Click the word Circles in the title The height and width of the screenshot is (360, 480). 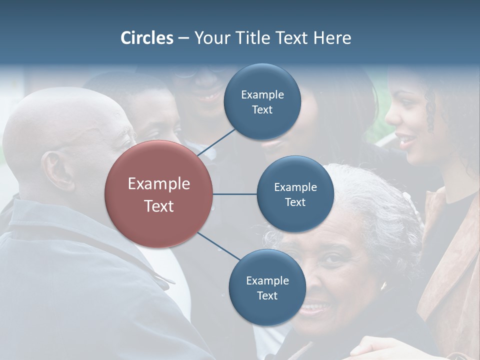coord(147,38)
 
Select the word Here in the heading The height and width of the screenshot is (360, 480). coord(332,38)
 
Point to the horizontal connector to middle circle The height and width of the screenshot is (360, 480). coord(235,194)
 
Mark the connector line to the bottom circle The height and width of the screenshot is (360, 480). coord(218,246)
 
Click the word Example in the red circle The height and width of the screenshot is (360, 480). coord(159,184)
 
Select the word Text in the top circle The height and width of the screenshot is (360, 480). coord(262,110)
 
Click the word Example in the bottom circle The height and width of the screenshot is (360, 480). coord(267,281)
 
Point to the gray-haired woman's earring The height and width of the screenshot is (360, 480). coord(384,286)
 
